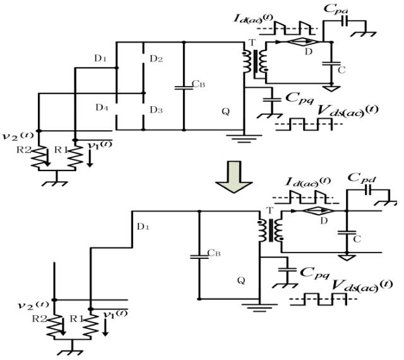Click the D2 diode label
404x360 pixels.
tap(156, 59)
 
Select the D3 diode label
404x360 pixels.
tap(156, 110)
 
